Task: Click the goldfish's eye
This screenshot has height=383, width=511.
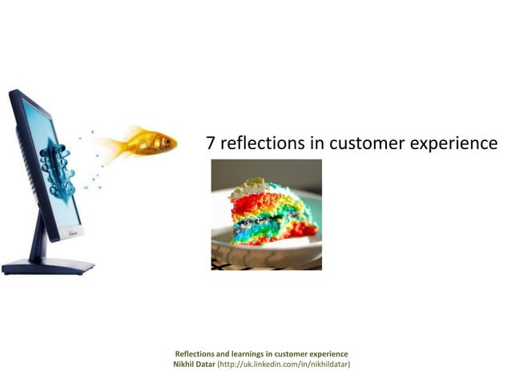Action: coord(166,141)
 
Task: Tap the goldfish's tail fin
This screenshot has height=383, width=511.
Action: coord(107,147)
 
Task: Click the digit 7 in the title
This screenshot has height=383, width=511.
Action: coord(211,143)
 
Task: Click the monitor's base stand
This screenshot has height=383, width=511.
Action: coord(48,265)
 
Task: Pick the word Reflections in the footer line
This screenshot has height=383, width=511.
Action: coord(195,354)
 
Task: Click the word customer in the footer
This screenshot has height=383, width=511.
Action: coord(290,354)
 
